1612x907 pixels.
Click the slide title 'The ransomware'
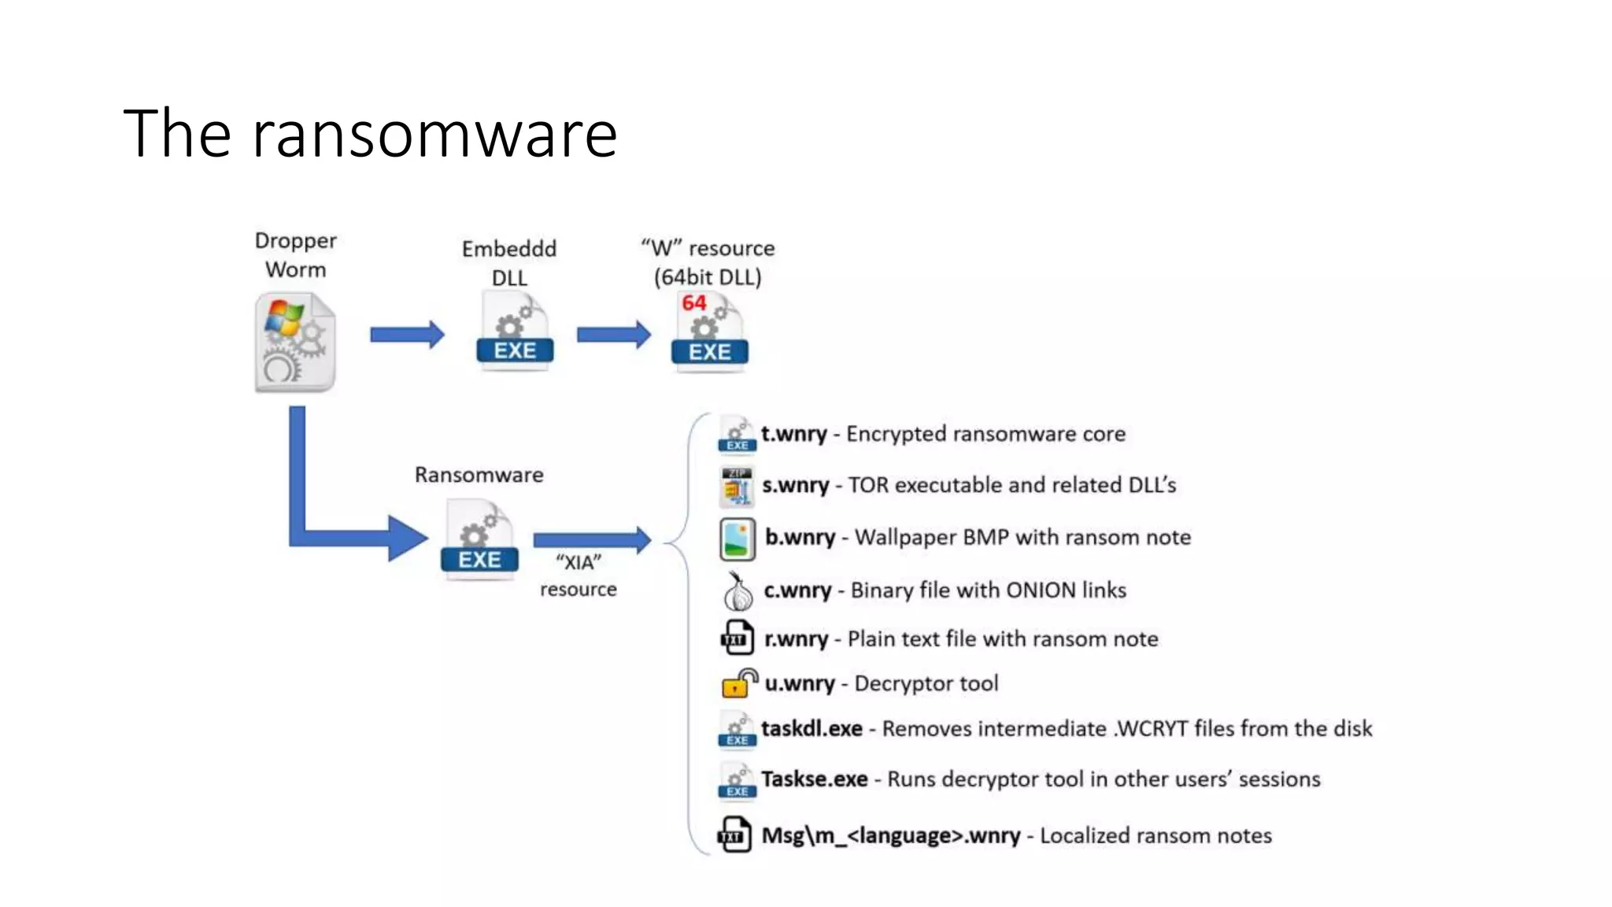coord(370,134)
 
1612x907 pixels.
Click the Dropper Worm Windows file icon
coord(295,342)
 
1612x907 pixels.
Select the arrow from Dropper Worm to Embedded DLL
coord(407,335)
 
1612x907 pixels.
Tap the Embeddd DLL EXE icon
coord(515,331)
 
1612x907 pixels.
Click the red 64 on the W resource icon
coord(693,303)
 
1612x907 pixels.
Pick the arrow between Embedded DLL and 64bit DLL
coord(613,335)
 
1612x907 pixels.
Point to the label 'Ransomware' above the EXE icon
coord(479,475)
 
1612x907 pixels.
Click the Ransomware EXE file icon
coord(479,542)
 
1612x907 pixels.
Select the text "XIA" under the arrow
coord(579,562)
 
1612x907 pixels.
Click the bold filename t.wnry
coord(793,434)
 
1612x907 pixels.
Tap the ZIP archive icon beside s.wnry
coord(737,486)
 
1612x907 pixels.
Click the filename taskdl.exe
coord(812,728)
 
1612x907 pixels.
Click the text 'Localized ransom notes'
coord(1155,835)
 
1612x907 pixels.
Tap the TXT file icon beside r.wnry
coord(737,639)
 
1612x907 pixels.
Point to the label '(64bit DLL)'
coord(708,277)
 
